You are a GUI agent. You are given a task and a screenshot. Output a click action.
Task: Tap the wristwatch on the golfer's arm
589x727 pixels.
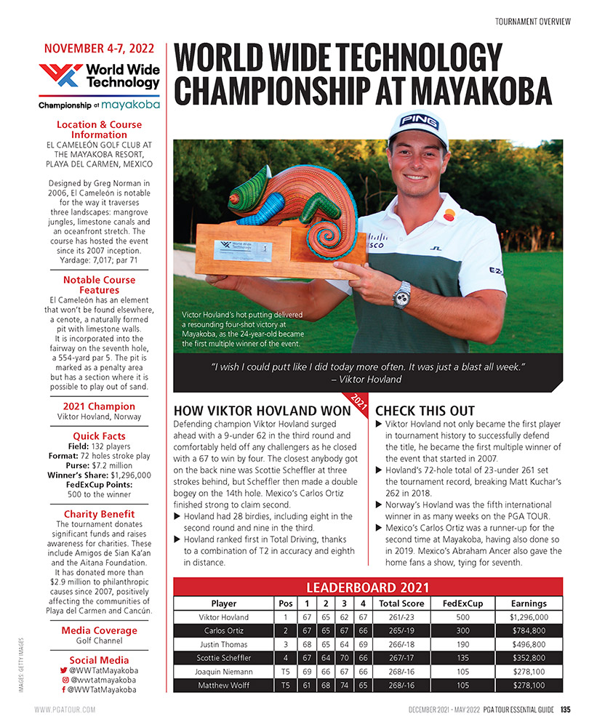click(401, 294)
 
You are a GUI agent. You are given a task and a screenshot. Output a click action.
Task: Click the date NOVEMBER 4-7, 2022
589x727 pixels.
click(99, 49)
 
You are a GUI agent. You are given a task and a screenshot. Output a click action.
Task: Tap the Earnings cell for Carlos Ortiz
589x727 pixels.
click(528, 630)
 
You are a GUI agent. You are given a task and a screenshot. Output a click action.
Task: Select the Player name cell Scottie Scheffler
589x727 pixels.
click(223, 657)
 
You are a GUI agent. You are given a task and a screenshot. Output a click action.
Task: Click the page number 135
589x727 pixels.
click(564, 710)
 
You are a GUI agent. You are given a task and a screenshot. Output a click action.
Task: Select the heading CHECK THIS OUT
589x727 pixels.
click(425, 411)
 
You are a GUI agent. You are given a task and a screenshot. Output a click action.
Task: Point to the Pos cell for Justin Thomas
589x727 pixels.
click(284, 644)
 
